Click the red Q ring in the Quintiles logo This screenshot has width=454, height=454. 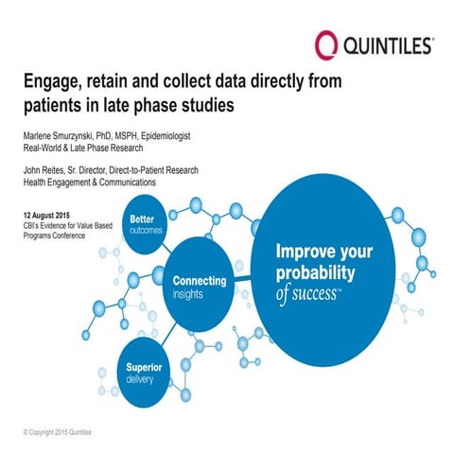(325, 44)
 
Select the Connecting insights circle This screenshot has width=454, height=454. (198, 287)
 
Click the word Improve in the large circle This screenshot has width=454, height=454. (305, 253)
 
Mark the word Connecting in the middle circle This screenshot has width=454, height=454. (200, 281)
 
